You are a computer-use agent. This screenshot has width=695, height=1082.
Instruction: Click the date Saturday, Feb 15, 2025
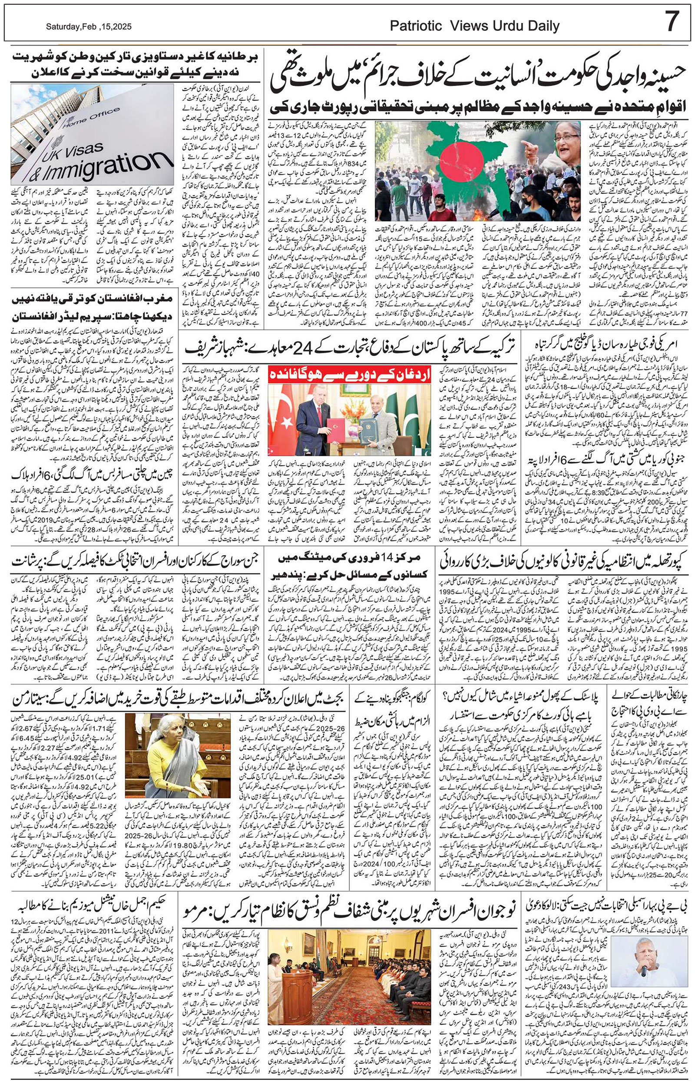(x=89, y=27)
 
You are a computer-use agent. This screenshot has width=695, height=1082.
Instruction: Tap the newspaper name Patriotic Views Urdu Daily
(x=474, y=27)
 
